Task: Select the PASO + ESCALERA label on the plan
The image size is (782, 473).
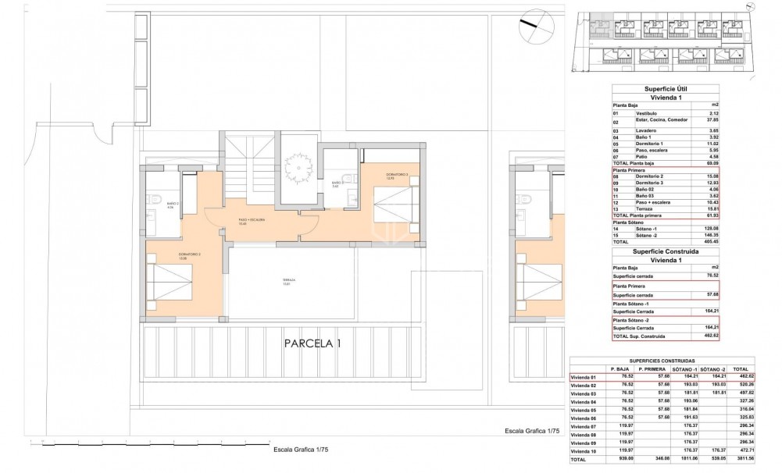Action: [x=252, y=221]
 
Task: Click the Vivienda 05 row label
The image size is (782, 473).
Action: [x=585, y=409]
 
